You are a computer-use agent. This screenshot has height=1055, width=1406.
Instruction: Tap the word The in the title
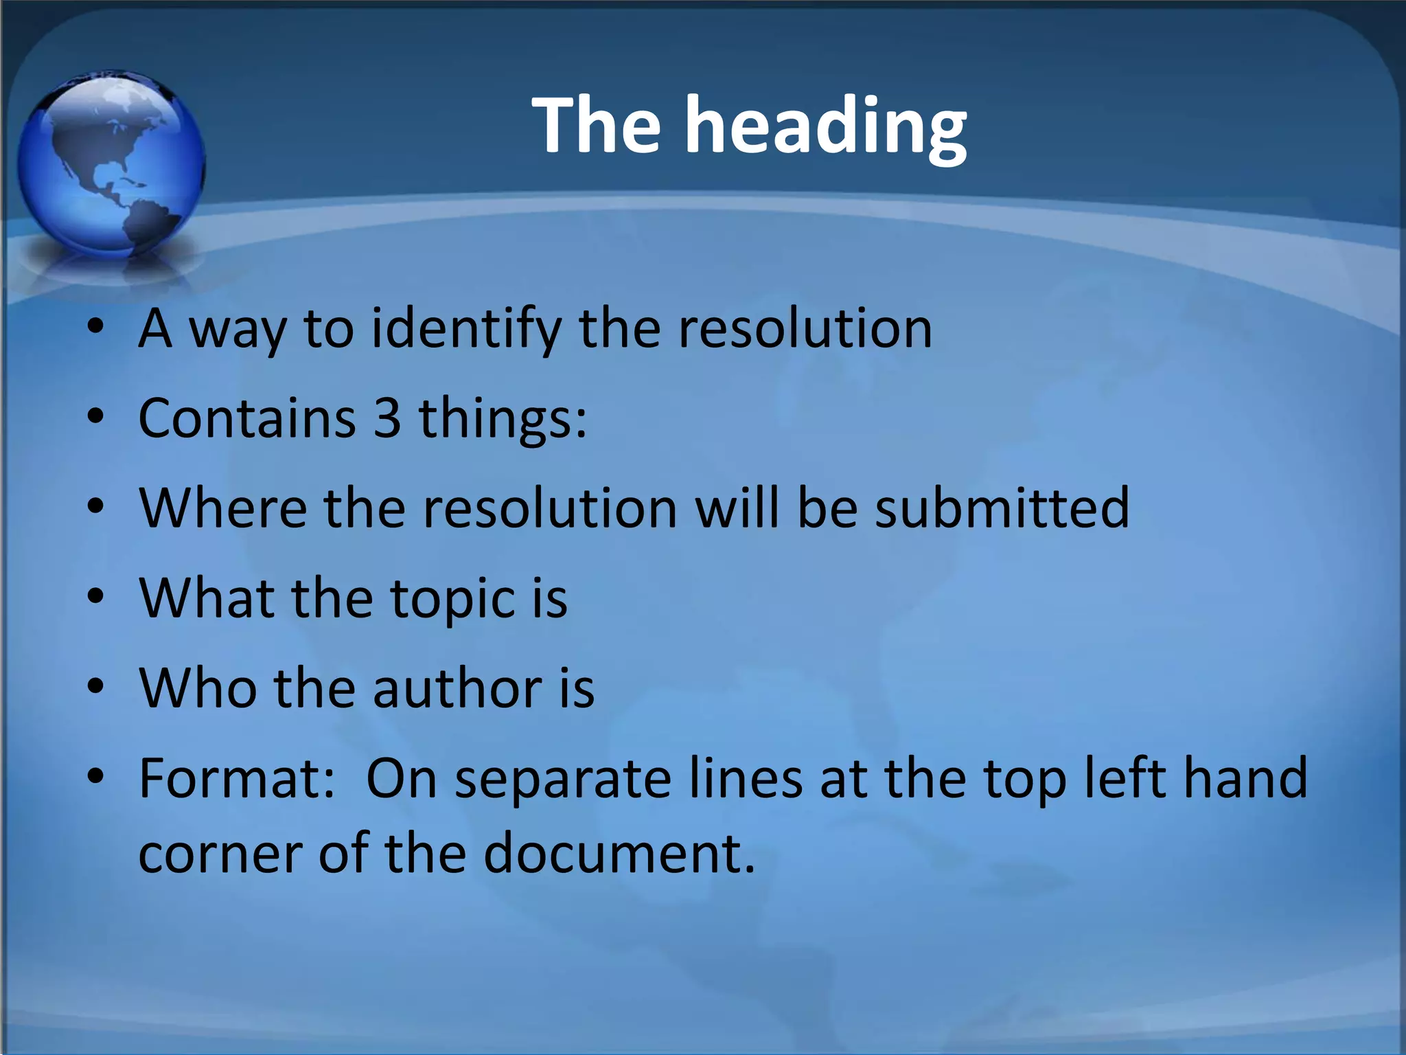pyautogui.click(x=597, y=124)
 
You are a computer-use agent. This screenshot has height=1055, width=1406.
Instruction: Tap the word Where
pyautogui.click(x=223, y=508)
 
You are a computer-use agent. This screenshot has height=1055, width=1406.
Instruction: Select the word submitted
pyautogui.click(x=1002, y=508)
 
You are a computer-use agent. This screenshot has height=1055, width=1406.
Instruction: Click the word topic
pyautogui.click(x=453, y=599)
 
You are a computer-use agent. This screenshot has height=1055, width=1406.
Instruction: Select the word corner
pyautogui.click(x=220, y=854)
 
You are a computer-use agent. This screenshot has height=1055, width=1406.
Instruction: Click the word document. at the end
pyautogui.click(x=619, y=854)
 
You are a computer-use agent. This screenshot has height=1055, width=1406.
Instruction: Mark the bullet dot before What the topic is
pyautogui.click(x=96, y=596)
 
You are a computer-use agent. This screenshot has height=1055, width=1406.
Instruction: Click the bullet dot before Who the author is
pyautogui.click(x=96, y=685)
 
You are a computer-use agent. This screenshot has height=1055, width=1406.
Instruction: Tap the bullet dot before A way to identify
pyautogui.click(x=96, y=327)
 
